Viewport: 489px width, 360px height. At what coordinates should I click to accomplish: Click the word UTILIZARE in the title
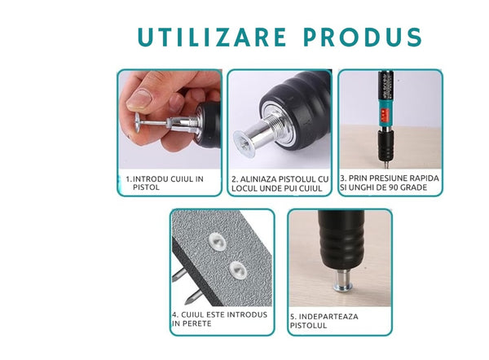tap(212, 37)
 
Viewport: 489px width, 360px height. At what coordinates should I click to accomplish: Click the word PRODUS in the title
tap(363, 37)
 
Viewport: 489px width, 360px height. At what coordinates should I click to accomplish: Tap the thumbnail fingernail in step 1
tap(139, 100)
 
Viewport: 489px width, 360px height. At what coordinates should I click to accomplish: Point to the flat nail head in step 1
tap(137, 122)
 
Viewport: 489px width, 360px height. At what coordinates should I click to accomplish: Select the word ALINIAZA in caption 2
tap(258, 179)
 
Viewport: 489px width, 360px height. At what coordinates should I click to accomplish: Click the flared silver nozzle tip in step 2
tap(244, 143)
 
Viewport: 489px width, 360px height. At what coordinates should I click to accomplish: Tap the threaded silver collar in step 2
tap(275, 122)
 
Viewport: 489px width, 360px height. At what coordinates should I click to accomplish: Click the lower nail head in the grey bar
tap(238, 270)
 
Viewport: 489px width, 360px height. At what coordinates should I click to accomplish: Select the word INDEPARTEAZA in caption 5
tap(328, 316)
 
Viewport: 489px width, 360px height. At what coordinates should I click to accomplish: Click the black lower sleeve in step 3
tap(386, 145)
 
